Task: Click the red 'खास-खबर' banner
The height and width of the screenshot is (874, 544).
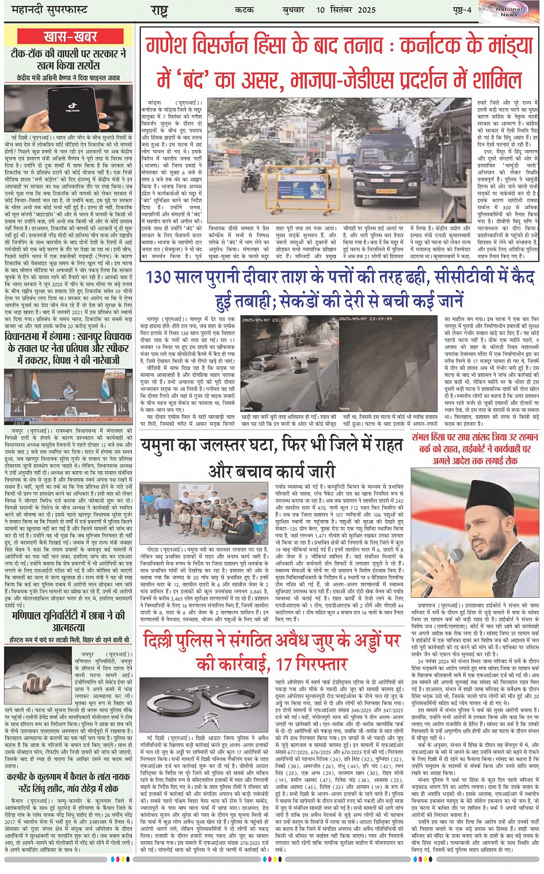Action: coord(70,36)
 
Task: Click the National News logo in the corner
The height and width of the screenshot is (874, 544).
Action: coord(508,12)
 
